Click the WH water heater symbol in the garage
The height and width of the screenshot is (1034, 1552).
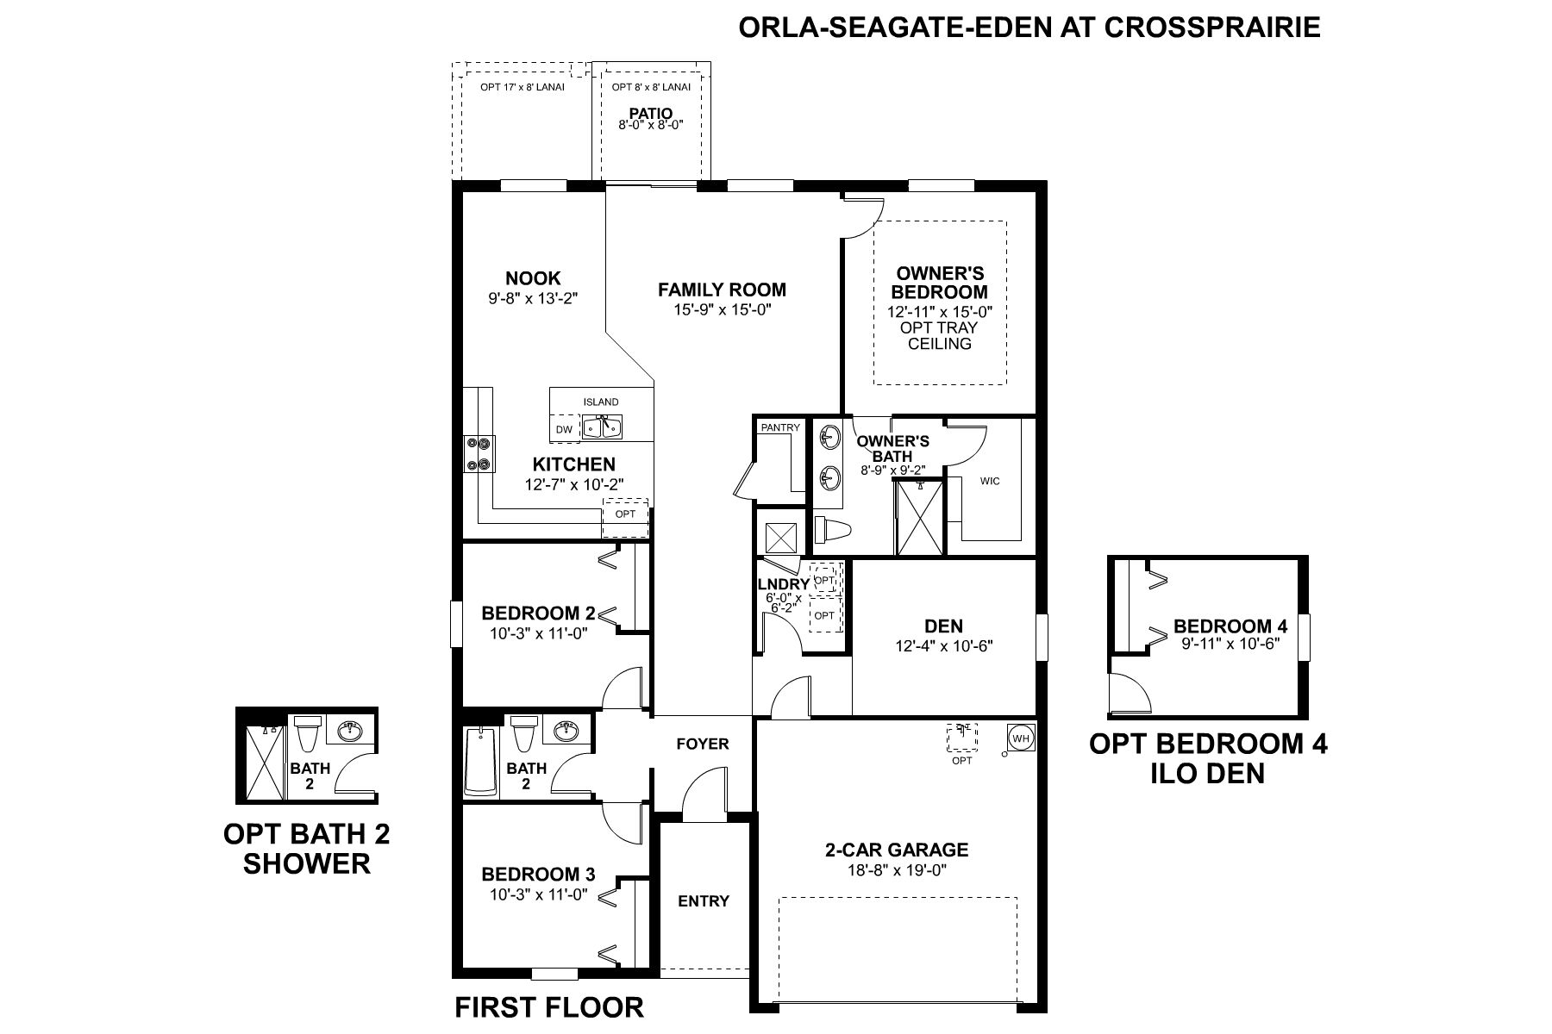click(1020, 738)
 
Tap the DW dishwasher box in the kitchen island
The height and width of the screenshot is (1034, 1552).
click(565, 428)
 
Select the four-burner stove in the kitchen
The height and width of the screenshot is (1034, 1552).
click(479, 454)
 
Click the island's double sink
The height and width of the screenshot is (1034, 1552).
click(601, 427)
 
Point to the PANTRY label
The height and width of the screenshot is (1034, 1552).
click(780, 427)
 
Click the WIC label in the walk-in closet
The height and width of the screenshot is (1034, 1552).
click(990, 481)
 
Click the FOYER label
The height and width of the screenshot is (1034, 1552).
click(703, 744)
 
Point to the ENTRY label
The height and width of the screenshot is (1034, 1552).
click(704, 901)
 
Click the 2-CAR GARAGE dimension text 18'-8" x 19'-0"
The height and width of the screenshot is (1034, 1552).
click(897, 870)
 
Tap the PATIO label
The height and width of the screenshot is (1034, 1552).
click(651, 113)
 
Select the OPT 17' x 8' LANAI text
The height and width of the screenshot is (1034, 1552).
click(523, 87)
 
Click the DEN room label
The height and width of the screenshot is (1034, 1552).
click(944, 626)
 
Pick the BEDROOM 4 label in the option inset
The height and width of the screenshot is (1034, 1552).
click(1224, 626)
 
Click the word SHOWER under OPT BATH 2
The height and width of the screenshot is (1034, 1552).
click(307, 863)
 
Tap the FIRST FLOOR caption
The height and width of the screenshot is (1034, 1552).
click(549, 1006)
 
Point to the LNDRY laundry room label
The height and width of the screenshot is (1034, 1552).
click(784, 584)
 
